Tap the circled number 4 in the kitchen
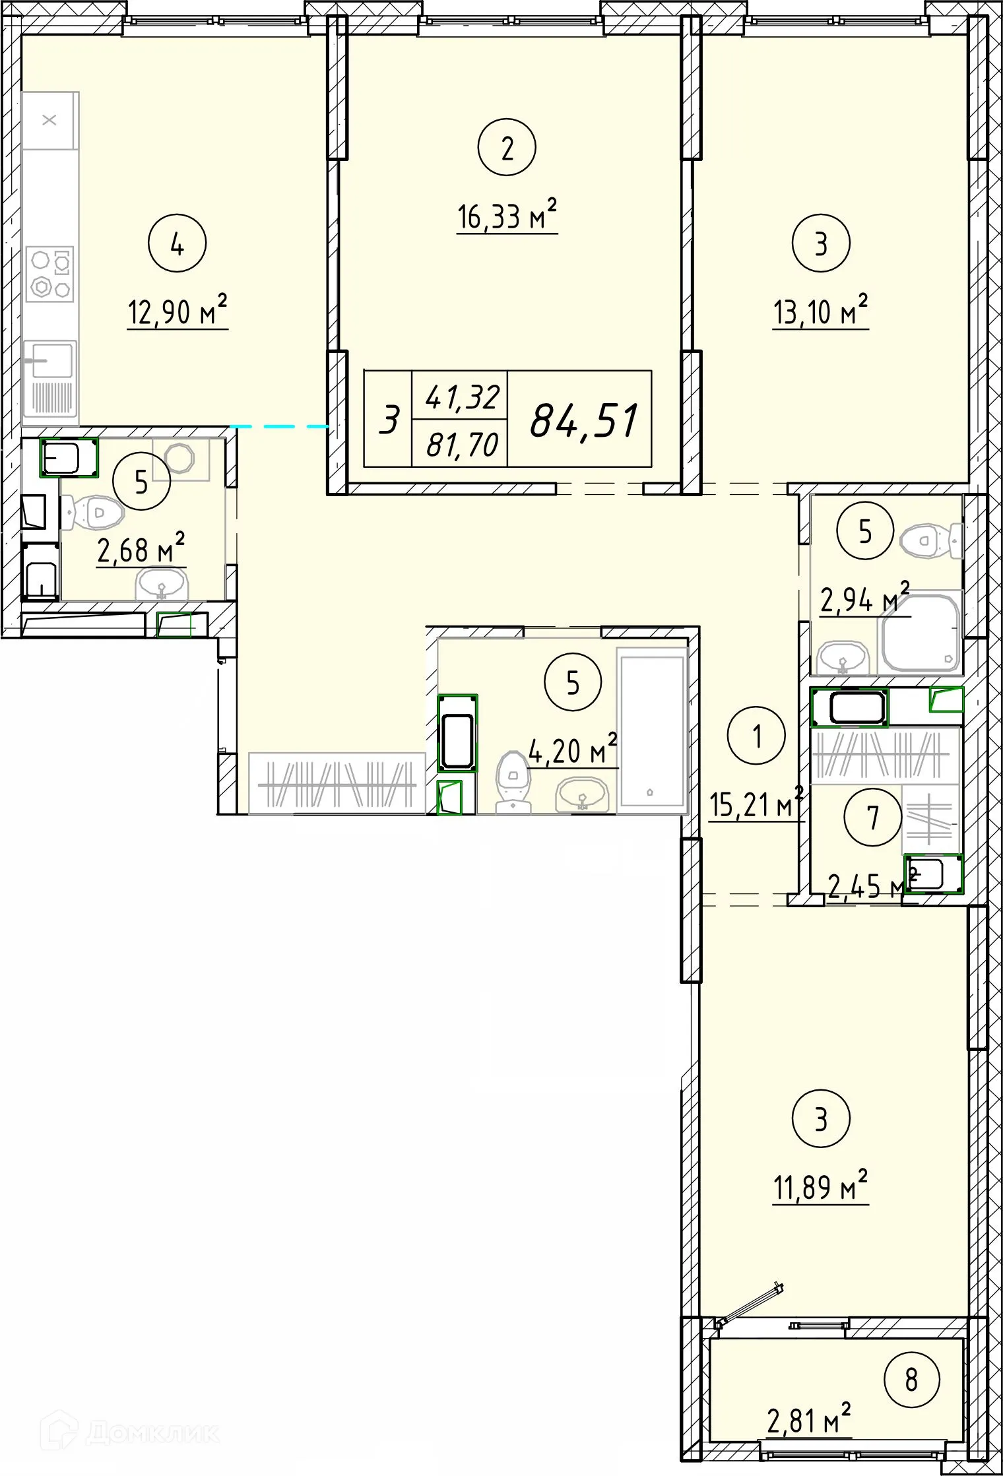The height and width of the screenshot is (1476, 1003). coord(177,243)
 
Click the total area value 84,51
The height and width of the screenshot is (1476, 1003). coord(585,421)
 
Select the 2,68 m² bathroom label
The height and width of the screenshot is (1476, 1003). coord(141,548)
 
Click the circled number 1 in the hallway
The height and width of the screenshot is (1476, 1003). coord(756,735)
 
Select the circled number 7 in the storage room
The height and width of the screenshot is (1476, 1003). coord(873,818)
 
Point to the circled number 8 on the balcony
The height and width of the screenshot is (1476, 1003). coord(911,1380)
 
